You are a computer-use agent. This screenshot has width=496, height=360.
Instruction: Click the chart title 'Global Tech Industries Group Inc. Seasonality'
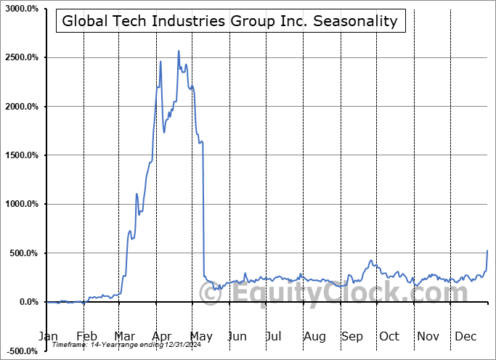click(229, 20)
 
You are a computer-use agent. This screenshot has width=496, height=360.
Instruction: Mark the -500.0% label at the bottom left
click(20, 351)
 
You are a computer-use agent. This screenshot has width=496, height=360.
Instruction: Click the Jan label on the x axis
click(47, 336)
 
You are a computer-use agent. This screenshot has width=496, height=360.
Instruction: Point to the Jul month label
click(275, 336)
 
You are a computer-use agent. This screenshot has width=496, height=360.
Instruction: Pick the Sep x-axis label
click(352, 336)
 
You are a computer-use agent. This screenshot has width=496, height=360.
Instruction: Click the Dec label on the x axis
click(466, 336)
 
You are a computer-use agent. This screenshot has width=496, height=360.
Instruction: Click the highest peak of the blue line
click(179, 51)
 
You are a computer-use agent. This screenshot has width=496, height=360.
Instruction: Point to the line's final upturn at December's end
click(487, 251)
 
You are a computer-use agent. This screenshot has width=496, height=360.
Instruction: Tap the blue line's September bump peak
click(371, 261)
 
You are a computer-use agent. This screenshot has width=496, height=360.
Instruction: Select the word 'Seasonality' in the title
click(361, 20)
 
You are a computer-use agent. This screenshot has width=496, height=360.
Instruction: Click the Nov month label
click(428, 336)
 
